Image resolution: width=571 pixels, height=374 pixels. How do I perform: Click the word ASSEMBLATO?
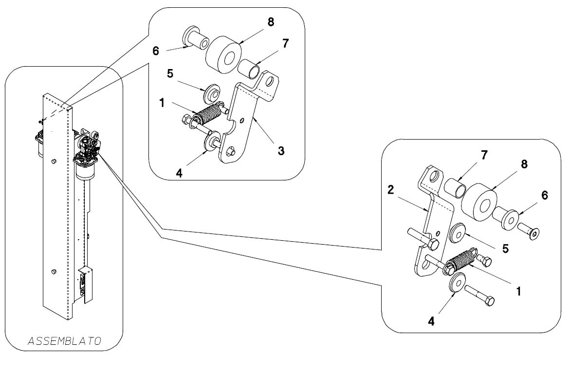[x=64, y=341]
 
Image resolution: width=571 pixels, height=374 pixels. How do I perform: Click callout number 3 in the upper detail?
[x=281, y=150]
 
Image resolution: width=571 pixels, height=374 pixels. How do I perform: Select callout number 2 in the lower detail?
[x=391, y=190]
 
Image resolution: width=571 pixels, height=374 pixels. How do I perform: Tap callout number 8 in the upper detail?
[x=271, y=22]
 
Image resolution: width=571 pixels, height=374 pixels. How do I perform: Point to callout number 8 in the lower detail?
[x=524, y=164]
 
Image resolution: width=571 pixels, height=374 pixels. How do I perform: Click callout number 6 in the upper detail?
[x=156, y=51]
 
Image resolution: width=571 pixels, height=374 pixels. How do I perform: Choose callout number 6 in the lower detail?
[x=544, y=196]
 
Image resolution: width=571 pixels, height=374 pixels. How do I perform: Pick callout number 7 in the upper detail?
[x=285, y=43]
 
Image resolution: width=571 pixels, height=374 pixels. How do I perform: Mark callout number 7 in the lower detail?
[x=484, y=155]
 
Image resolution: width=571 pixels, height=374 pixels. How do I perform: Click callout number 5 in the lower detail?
[x=505, y=249]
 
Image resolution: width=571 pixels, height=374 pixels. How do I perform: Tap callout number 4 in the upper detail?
[x=179, y=174]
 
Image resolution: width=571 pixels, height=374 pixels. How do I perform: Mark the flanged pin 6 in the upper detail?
[x=195, y=37]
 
